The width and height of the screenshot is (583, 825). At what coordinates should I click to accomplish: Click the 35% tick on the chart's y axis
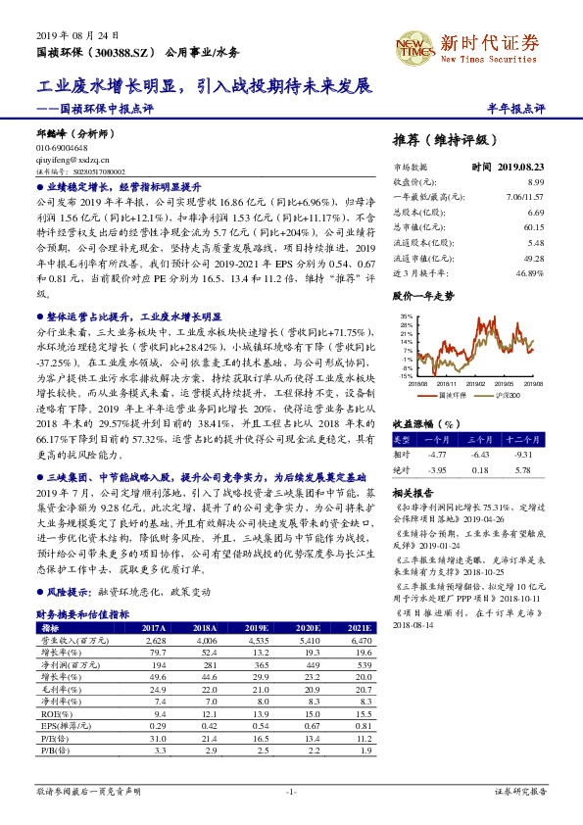404,315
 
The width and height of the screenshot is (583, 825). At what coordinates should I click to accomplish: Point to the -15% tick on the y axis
403,375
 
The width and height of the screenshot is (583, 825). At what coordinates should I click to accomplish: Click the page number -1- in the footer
291,790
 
